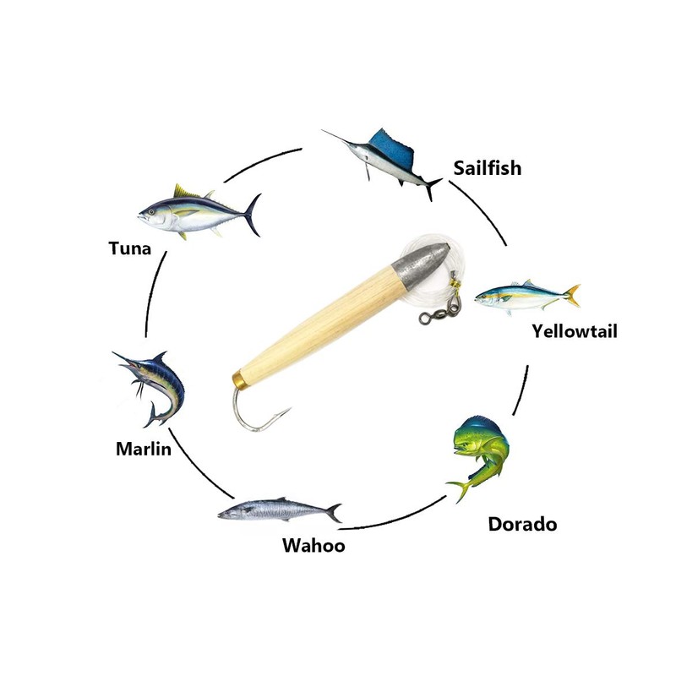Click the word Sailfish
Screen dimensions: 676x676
(x=487, y=167)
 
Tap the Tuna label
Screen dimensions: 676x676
(x=129, y=248)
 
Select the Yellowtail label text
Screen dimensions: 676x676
(x=575, y=330)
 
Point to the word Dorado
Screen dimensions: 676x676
(x=522, y=524)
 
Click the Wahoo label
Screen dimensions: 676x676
(x=313, y=545)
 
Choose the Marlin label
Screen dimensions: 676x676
(x=144, y=448)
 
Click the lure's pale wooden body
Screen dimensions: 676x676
(x=321, y=321)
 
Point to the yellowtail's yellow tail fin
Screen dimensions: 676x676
(x=572, y=295)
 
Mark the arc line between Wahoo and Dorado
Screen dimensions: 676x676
(x=397, y=520)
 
